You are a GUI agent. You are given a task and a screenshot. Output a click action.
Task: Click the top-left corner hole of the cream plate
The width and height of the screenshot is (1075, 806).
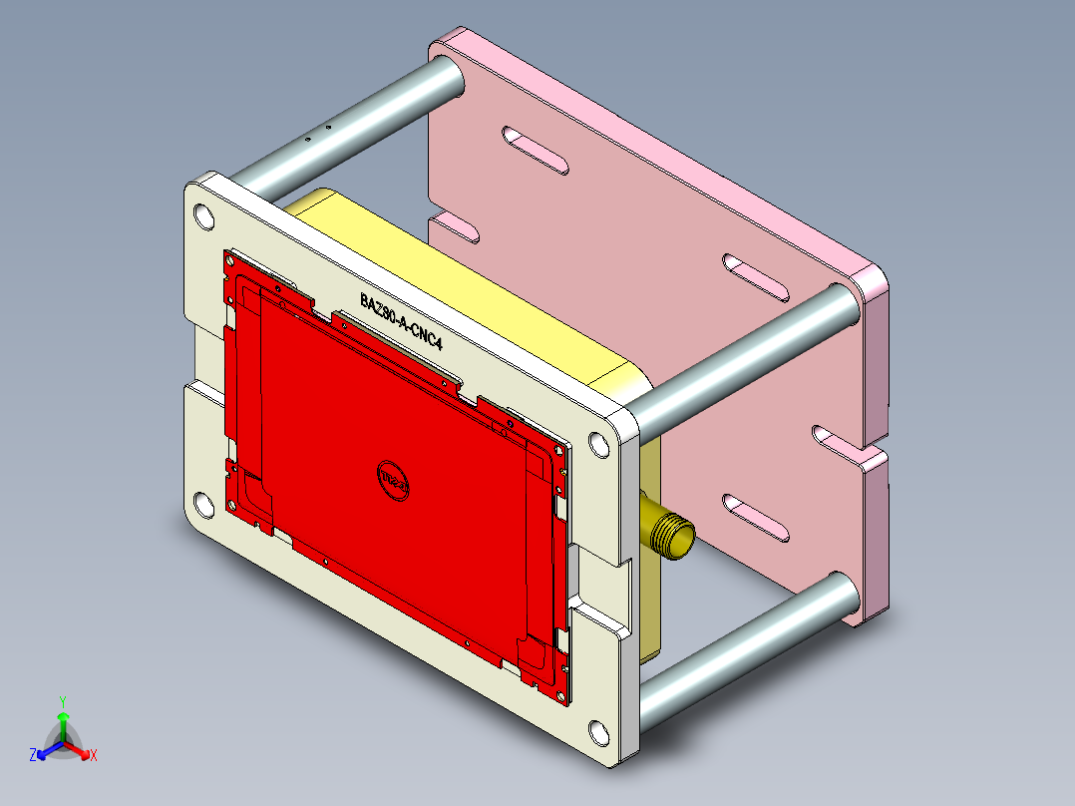(203, 215)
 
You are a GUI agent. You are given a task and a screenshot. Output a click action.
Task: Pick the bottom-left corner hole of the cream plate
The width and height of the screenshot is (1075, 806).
(203, 506)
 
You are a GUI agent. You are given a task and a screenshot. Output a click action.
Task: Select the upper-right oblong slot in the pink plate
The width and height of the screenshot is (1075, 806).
(759, 277)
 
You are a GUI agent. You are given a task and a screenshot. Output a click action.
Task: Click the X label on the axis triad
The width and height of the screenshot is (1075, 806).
(94, 755)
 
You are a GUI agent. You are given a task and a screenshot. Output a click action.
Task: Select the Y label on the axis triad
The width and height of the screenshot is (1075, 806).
(62, 701)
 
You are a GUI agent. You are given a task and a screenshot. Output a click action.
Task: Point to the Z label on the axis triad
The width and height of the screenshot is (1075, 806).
(33, 755)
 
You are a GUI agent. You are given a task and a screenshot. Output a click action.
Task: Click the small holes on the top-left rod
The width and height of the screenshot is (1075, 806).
(318, 133)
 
